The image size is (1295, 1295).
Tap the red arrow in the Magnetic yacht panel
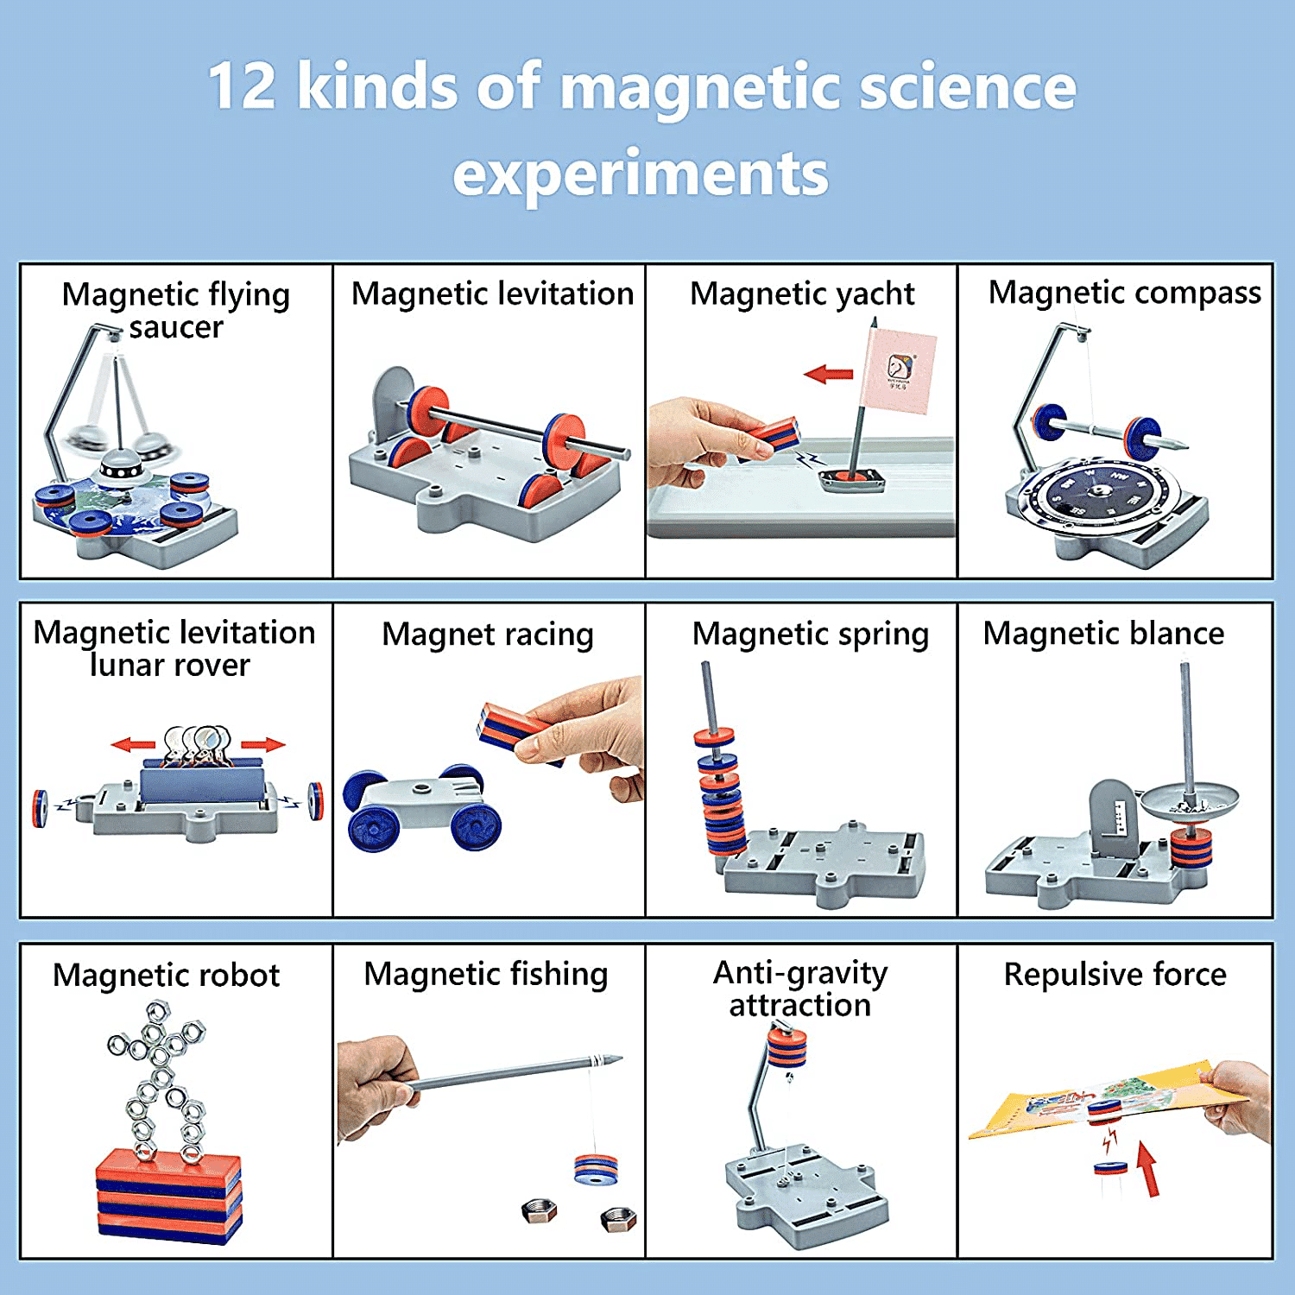tap(828, 374)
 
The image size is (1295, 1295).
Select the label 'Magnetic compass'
tap(1124, 293)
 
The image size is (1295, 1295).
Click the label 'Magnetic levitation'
tap(492, 294)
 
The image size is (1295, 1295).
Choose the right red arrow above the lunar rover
tap(264, 744)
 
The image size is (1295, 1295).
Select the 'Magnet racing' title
tap(488, 635)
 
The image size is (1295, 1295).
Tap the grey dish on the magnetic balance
tap(1190, 802)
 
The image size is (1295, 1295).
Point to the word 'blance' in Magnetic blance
tap(1176, 634)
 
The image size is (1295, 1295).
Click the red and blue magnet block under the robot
tap(168, 1196)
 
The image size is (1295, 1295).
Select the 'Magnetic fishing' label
tap(486, 974)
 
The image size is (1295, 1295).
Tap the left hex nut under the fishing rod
tap(539, 1210)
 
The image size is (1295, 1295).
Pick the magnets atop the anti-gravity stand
tap(786, 1045)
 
